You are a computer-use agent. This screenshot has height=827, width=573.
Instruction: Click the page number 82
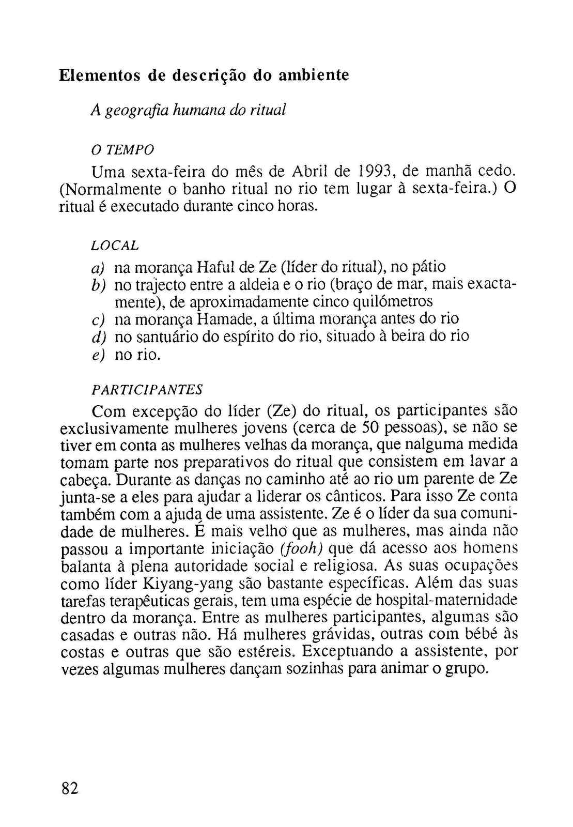69,789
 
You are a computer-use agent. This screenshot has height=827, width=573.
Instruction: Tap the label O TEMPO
122,150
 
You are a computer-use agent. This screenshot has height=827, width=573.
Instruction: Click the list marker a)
98,268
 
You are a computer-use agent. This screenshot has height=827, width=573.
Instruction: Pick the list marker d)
98,337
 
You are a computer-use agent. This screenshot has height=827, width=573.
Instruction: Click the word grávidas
340,634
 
